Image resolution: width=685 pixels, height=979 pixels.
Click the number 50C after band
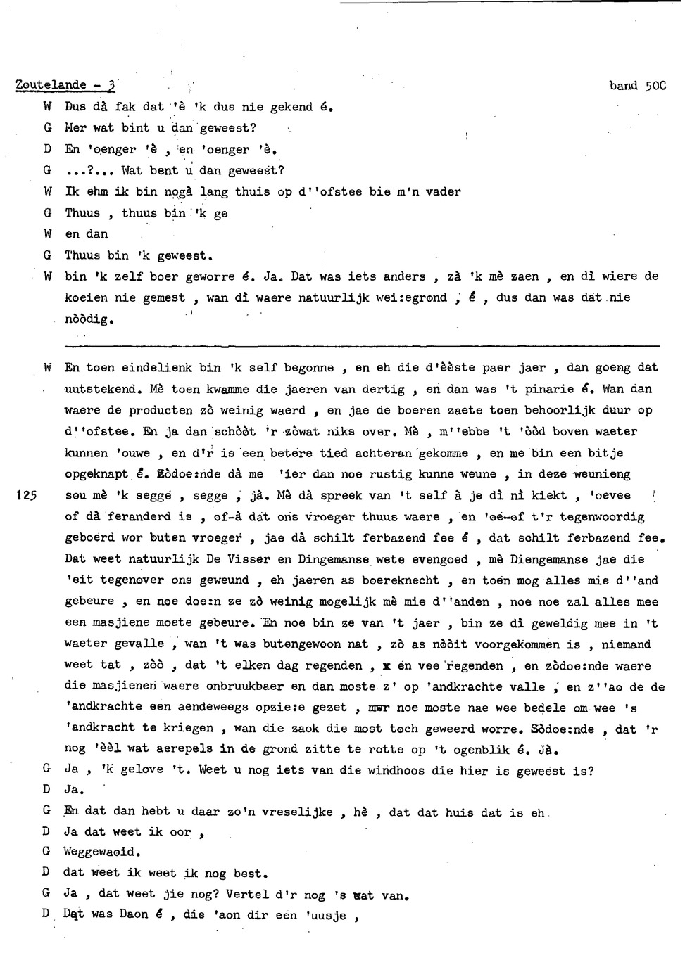(x=655, y=86)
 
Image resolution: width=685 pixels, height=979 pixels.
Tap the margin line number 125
(x=26, y=496)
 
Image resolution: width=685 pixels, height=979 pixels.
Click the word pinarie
(x=551, y=389)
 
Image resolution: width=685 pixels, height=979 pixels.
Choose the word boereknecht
(x=400, y=580)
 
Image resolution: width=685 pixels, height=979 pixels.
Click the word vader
(x=443, y=191)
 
